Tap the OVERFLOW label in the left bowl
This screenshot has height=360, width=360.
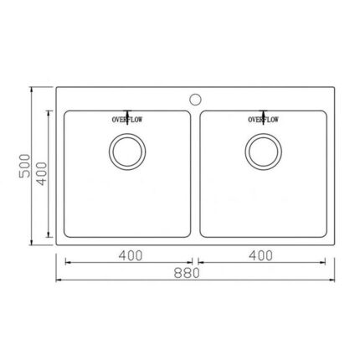(127, 120)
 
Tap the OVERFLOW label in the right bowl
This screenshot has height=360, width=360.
(263, 120)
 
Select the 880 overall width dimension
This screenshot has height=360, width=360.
(187, 273)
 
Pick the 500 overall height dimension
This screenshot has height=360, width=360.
(24, 166)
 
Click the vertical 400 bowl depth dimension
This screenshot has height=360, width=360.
(43, 173)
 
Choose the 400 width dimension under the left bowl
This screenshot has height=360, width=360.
(131, 255)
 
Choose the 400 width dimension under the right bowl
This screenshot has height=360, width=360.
(260, 255)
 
